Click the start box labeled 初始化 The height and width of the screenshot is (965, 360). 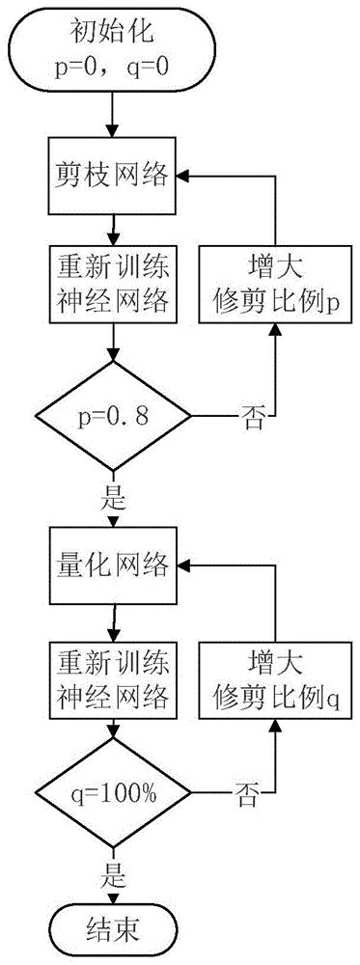[x=114, y=50]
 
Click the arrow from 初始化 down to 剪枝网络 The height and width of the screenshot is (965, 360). [x=114, y=114]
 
